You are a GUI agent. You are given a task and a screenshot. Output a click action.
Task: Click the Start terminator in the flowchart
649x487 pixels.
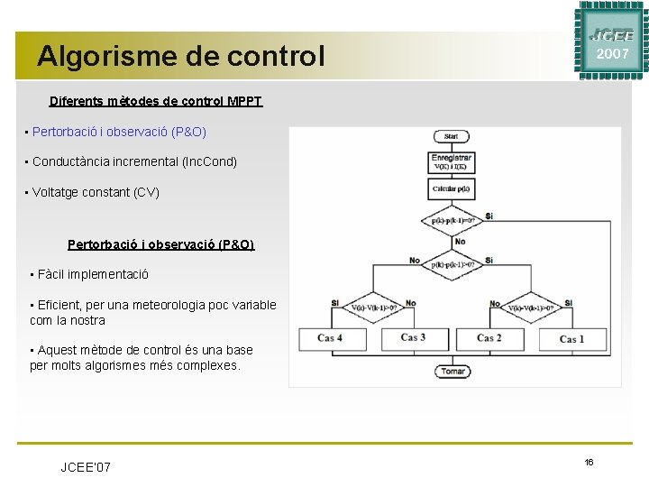click(451, 136)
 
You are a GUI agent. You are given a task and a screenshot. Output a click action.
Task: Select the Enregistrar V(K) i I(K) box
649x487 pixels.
click(452, 161)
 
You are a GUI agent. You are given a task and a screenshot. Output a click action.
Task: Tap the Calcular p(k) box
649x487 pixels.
click(452, 188)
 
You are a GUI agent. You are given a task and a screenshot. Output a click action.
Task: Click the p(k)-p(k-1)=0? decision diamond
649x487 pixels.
click(453, 220)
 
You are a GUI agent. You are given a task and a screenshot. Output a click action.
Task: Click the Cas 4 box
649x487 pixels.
click(330, 338)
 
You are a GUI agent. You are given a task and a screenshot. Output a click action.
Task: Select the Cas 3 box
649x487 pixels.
click(414, 338)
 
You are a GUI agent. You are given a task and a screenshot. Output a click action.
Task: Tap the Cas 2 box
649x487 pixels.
click(489, 338)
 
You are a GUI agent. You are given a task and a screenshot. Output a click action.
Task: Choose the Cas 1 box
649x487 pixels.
click(571, 338)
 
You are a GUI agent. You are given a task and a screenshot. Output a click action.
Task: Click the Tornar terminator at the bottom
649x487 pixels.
click(452, 371)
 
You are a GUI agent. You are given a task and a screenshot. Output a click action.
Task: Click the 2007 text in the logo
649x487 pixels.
click(612, 53)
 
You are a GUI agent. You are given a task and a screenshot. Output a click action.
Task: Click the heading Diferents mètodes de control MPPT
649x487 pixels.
click(156, 101)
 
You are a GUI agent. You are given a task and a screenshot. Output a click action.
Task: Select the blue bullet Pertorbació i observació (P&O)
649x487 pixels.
click(119, 132)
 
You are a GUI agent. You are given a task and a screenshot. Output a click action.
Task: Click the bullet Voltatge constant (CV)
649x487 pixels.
click(96, 192)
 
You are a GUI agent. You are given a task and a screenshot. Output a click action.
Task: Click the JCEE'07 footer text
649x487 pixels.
click(86, 466)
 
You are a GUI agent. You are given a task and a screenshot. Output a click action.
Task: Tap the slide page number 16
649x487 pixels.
click(589, 462)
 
